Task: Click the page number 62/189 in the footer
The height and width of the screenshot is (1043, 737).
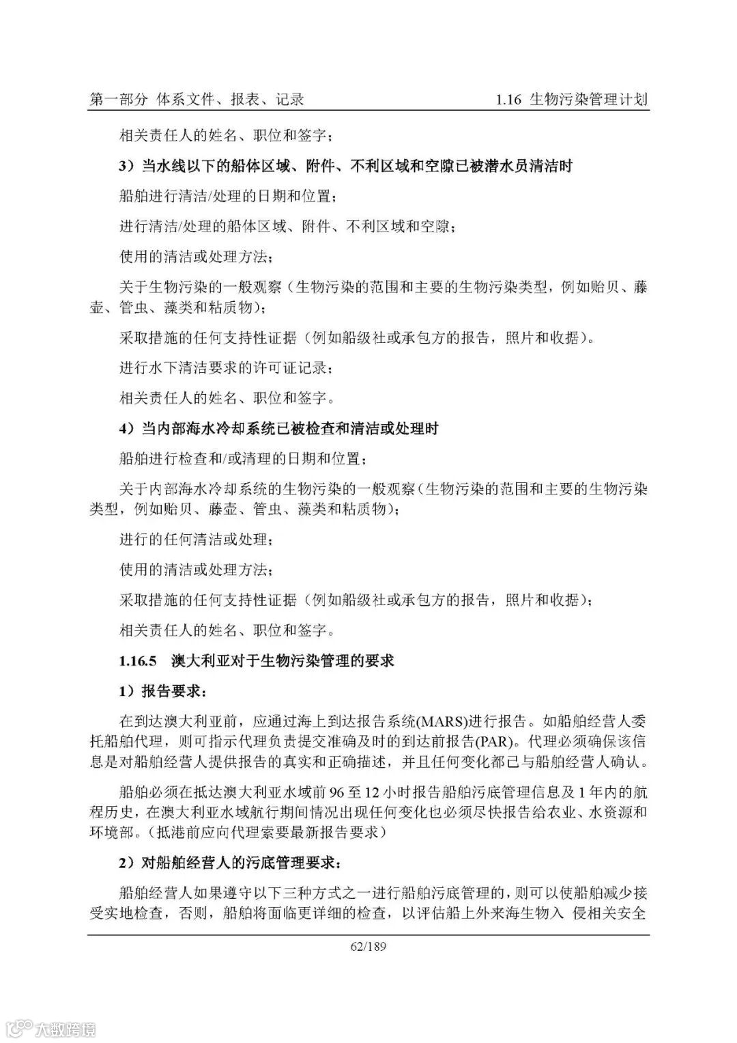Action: [x=368, y=947]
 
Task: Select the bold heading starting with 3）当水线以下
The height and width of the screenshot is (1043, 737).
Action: [x=345, y=166]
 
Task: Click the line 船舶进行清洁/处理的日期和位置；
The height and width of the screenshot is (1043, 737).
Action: [x=228, y=196]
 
